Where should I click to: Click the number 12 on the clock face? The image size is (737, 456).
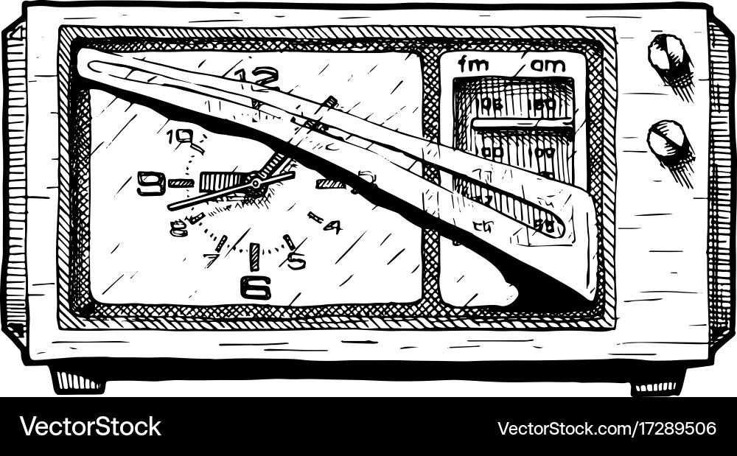point(257,77)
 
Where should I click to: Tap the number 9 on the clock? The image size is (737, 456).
point(151,183)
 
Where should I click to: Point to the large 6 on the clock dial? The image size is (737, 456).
point(255,287)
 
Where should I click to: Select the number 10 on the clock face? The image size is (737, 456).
point(180,136)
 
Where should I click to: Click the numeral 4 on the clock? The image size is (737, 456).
point(332,226)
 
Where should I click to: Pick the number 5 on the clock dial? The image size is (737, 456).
point(296,260)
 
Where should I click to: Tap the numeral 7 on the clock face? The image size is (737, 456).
point(212,259)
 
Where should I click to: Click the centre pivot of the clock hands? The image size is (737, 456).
point(254,180)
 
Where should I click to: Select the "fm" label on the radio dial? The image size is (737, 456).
point(473,65)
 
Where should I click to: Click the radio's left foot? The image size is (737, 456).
point(78,381)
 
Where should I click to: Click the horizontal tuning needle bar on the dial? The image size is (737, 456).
point(522,123)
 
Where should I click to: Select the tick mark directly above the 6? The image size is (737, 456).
point(254,256)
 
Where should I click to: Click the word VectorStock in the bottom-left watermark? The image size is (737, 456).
point(90,427)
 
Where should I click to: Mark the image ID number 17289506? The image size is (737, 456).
point(671,428)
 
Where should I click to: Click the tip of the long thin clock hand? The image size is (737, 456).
point(170,208)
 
